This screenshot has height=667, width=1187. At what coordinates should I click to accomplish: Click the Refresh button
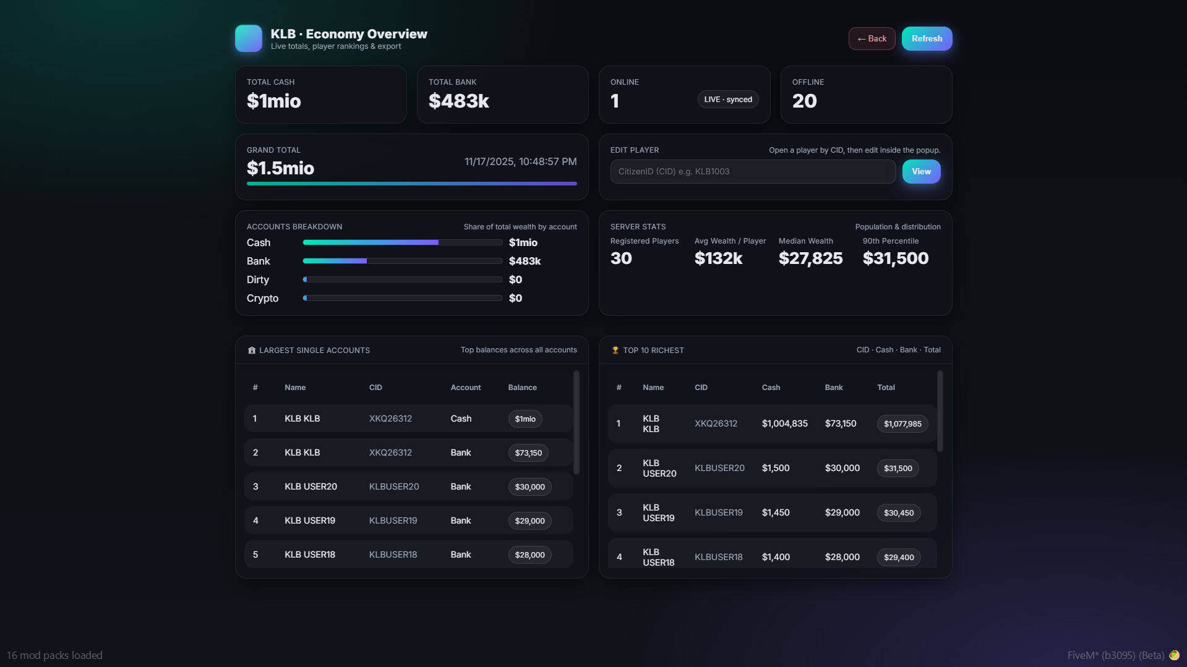[927, 38]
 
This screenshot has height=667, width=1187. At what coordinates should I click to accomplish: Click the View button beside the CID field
[921, 171]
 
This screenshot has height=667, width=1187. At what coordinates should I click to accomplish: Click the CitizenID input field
[752, 171]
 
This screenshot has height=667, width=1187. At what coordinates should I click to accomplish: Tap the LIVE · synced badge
[727, 100]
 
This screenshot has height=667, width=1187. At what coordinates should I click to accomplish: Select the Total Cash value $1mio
[273, 101]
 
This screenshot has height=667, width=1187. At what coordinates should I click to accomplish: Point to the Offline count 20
[804, 101]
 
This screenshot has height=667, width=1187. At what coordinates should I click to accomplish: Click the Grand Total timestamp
[520, 161]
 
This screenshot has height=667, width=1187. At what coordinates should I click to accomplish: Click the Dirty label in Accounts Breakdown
[257, 279]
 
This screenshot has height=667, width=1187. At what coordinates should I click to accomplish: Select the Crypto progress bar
[402, 298]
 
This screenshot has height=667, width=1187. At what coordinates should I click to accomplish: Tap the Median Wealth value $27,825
[810, 258]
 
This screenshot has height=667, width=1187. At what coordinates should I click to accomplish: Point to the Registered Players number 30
[621, 258]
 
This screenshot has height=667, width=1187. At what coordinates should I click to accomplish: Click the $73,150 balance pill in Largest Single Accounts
[528, 452]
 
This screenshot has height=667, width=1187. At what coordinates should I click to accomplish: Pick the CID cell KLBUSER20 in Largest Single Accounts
[394, 486]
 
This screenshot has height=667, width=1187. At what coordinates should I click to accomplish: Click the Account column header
[465, 388]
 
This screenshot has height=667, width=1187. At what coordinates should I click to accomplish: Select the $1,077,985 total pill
[902, 423]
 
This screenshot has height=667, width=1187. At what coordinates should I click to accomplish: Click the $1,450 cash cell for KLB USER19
[776, 512]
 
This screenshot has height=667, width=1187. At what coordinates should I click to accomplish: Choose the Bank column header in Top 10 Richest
[833, 388]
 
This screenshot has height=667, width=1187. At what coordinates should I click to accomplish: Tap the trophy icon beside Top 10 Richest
[615, 350]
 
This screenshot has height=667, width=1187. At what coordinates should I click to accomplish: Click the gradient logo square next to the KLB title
[249, 38]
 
